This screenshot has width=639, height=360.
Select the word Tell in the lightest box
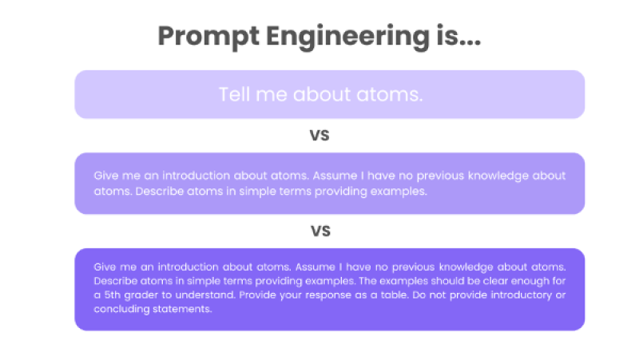(234, 94)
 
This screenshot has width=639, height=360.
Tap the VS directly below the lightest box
(319, 136)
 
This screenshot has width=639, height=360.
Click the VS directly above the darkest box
(319, 231)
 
